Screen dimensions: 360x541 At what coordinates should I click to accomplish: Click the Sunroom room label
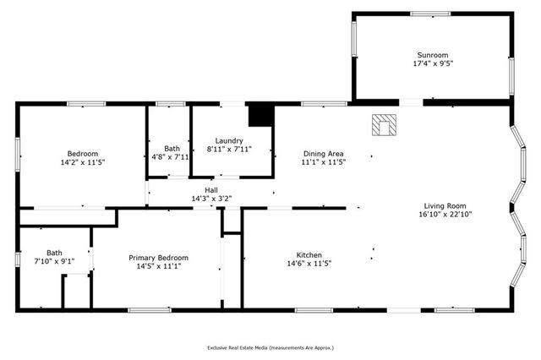432,54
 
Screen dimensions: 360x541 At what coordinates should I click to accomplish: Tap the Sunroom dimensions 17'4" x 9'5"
432,63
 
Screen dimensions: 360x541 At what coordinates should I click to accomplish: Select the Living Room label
445,205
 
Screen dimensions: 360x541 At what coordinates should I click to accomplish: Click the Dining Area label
324,153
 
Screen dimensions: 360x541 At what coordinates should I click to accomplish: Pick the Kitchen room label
309,254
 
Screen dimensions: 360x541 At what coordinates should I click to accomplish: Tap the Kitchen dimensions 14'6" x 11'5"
309,264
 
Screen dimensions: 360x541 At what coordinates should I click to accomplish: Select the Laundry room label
229,141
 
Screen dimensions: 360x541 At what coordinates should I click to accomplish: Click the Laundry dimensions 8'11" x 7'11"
229,150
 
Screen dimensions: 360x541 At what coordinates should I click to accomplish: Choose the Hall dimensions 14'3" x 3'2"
210,199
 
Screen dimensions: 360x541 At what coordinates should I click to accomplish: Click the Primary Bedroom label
158,258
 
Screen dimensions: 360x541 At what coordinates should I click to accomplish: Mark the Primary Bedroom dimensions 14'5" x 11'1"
158,266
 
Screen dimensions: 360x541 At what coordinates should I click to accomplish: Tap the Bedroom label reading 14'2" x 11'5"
83,161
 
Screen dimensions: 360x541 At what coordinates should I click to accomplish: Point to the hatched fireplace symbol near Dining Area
384,125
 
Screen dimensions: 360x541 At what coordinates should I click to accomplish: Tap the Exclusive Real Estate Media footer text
270,347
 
